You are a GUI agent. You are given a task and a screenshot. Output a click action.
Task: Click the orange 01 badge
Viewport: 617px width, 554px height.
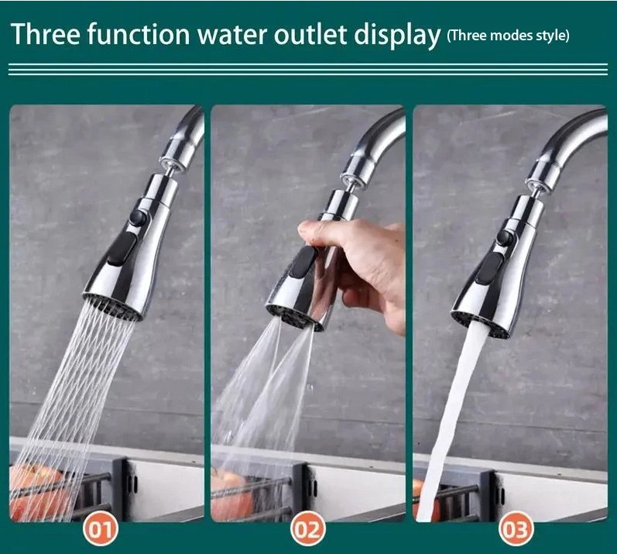click(101, 529)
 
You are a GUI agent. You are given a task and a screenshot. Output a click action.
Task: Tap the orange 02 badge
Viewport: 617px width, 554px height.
click(307, 529)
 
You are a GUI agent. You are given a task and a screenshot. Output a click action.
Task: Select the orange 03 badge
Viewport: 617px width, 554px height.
click(516, 529)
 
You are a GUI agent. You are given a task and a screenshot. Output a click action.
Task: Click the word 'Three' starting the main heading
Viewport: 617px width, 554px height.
click(46, 33)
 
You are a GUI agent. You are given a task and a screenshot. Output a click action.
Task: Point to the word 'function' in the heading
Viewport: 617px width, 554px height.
click(139, 33)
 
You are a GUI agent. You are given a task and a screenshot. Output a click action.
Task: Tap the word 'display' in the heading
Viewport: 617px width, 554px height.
click(396, 36)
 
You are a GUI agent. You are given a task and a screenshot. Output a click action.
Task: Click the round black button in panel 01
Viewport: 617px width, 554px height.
click(137, 218)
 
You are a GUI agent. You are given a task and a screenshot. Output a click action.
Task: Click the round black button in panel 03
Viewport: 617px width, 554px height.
click(504, 237)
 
